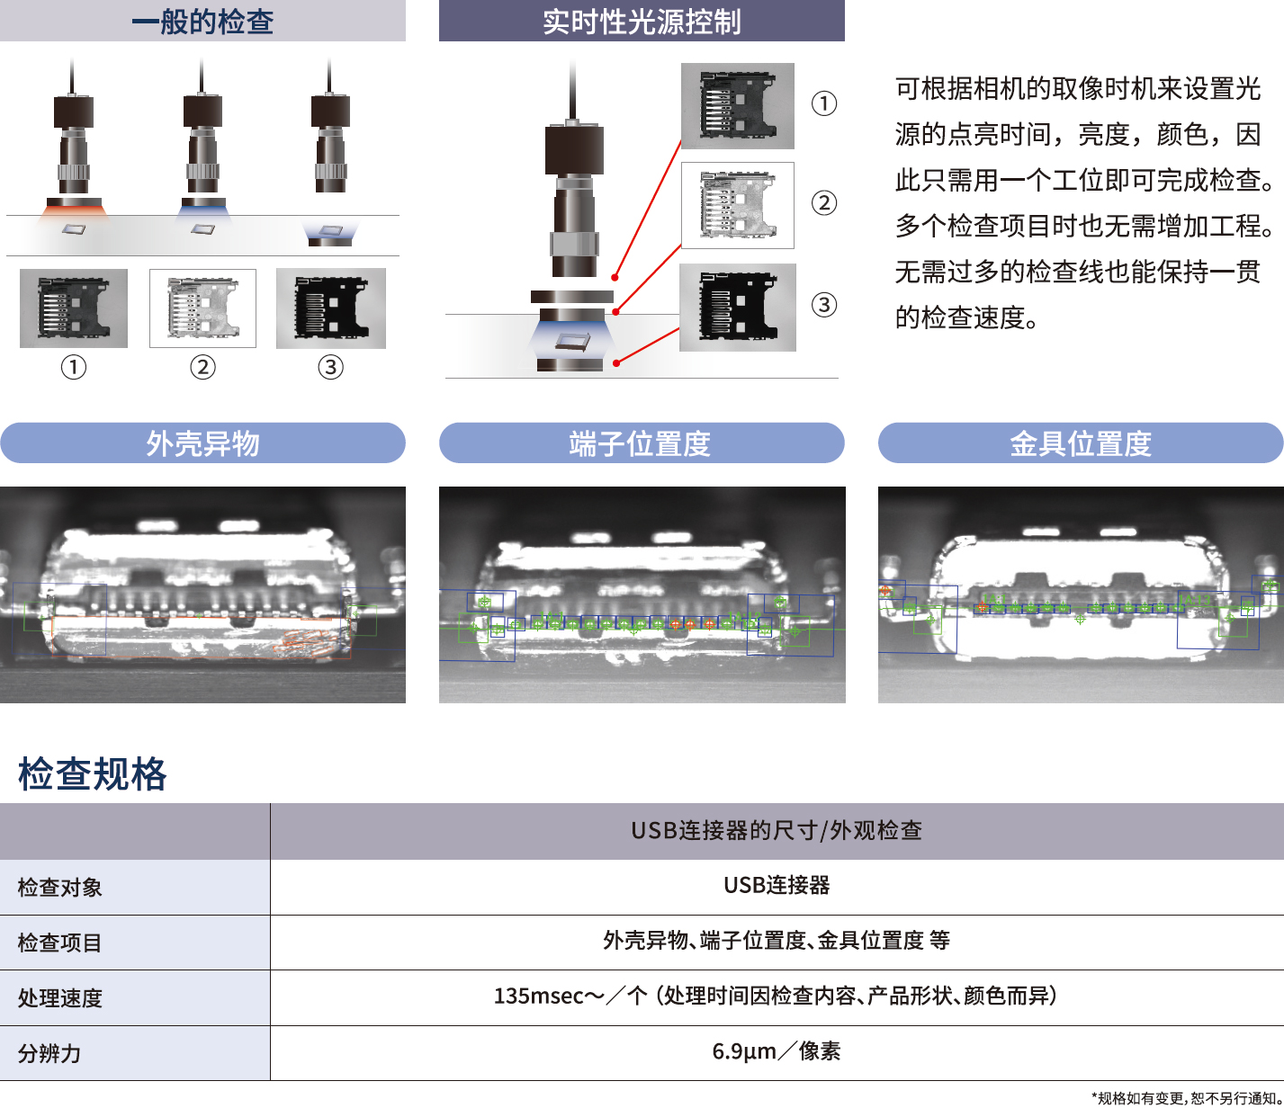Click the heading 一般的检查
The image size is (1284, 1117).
pyautogui.click(x=202, y=22)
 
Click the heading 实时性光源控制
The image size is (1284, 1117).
pyautogui.click(x=642, y=22)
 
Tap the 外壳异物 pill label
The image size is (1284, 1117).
pyautogui.click(x=202, y=443)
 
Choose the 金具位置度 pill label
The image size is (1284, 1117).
pyautogui.click(x=1081, y=443)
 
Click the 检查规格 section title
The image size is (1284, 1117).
pyautogui.click(x=93, y=773)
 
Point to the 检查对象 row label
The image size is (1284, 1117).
pyautogui.click(x=59, y=888)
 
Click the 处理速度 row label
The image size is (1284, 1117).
pyautogui.click(x=59, y=998)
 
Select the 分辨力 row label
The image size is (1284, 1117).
pyautogui.click(x=49, y=1053)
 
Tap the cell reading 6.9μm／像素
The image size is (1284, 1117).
pyautogui.click(x=777, y=1051)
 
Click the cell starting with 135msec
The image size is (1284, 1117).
pyautogui.click(x=777, y=996)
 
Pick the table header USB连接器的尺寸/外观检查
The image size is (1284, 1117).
pyautogui.click(x=777, y=830)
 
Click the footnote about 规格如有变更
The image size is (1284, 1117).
pyautogui.click(x=1187, y=1098)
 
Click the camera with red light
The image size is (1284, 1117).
pyautogui.click(x=74, y=144)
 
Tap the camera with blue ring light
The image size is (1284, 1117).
pyautogui.click(x=202, y=143)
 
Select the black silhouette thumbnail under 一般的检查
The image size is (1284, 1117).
pyautogui.click(x=331, y=308)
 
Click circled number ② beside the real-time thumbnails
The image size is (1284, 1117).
pyautogui.click(x=824, y=203)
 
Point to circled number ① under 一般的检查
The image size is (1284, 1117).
pyautogui.click(x=74, y=367)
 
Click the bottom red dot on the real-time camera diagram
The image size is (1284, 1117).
pyautogui.click(x=616, y=363)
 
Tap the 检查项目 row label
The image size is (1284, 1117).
pyautogui.click(x=59, y=943)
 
